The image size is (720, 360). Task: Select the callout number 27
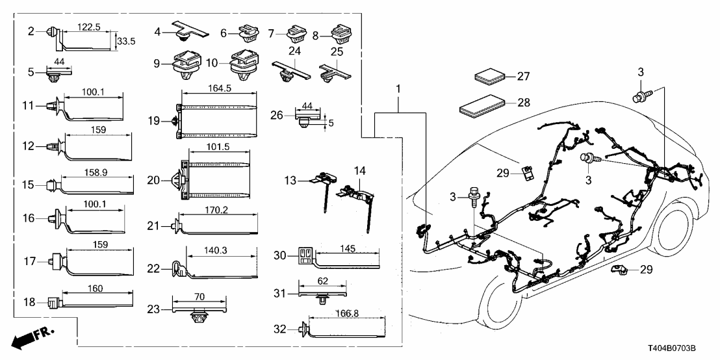523,76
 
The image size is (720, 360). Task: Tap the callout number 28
523,102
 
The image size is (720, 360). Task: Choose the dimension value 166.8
344,313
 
